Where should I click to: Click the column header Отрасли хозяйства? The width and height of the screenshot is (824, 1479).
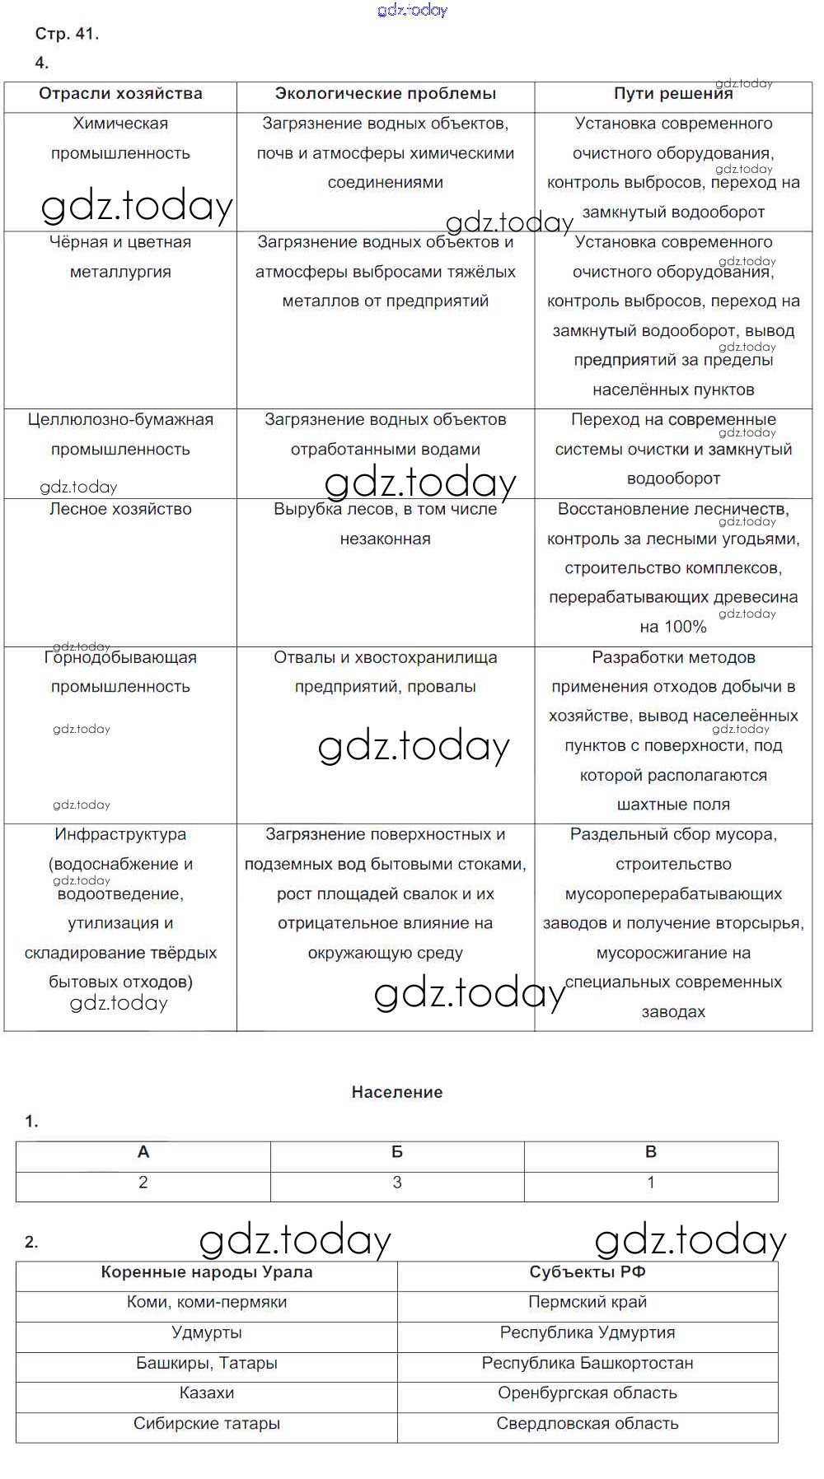pyautogui.click(x=120, y=94)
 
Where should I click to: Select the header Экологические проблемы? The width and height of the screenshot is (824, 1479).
pyautogui.click(x=386, y=94)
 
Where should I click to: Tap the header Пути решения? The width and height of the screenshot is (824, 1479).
pyautogui.click(x=673, y=94)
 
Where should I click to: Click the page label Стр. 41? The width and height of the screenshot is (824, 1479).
pyautogui.click(x=67, y=34)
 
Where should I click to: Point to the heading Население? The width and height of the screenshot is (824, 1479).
pyautogui.click(x=397, y=1092)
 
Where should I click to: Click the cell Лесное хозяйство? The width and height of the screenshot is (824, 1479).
pyautogui.click(x=120, y=510)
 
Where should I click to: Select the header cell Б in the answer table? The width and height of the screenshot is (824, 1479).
pyautogui.click(x=397, y=1152)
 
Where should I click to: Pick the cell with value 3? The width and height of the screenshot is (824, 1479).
pyautogui.click(x=397, y=1183)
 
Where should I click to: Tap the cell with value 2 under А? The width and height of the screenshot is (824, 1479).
pyautogui.click(x=143, y=1183)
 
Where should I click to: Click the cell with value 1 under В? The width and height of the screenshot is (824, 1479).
pyautogui.click(x=651, y=1183)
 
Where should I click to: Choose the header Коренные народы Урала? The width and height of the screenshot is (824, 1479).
pyautogui.click(x=207, y=1272)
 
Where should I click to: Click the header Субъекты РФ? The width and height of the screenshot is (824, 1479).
pyautogui.click(x=588, y=1272)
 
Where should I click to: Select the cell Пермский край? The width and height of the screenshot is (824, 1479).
pyautogui.click(x=588, y=1303)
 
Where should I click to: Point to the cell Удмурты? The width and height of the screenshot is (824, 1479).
pyautogui.click(x=207, y=1332)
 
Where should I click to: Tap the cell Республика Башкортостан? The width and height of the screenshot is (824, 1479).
pyautogui.click(x=588, y=1363)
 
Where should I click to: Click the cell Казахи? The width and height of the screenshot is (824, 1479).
pyautogui.click(x=207, y=1393)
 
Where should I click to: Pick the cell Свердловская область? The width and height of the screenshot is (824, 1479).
pyautogui.click(x=588, y=1424)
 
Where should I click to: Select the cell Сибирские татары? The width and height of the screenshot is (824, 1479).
pyautogui.click(x=207, y=1424)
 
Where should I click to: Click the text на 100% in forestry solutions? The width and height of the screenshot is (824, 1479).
pyautogui.click(x=673, y=628)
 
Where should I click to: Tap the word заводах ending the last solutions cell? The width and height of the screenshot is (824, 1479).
pyautogui.click(x=673, y=1012)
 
